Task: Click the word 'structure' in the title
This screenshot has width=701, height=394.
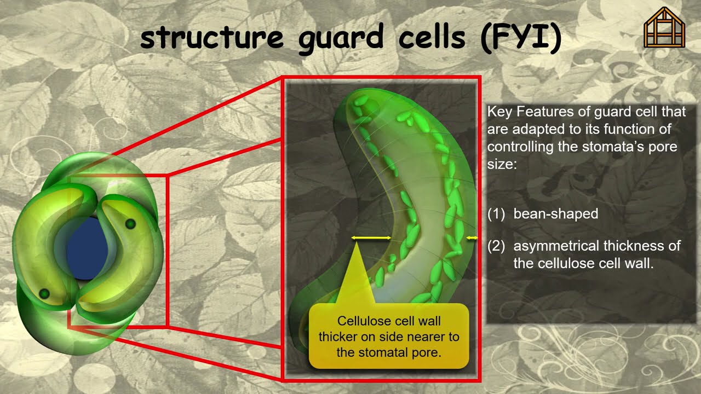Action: point(211,38)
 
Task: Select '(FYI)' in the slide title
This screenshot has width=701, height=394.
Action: point(521,38)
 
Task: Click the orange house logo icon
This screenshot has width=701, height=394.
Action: point(664,27)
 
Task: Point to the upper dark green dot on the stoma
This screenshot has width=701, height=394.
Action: point(130,224)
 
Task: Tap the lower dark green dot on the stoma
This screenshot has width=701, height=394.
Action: point(44,294)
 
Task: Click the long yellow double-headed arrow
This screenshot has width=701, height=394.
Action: point(371,238)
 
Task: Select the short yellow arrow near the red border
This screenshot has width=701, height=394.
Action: point(472,238)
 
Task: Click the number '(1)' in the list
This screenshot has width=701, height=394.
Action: point(496,214)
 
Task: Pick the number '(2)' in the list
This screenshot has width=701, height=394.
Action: point(496,246)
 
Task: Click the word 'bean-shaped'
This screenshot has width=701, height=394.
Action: point(555,214)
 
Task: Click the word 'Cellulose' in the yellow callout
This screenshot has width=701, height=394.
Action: point(364,321)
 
